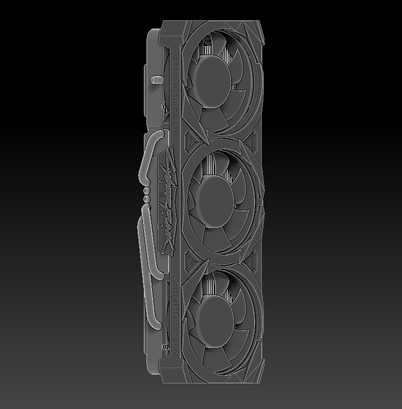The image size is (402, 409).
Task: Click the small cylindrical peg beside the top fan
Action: (x=154, y=80)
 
